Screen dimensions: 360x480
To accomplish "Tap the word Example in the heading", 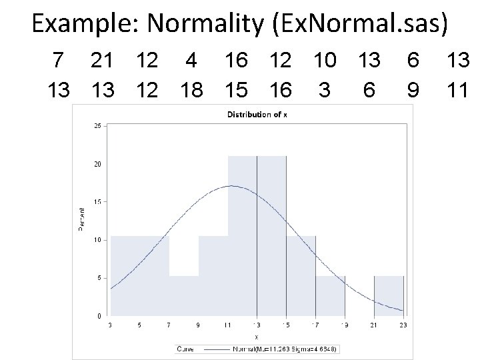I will click(x=85, y=24).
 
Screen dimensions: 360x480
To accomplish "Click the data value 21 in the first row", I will click(x=101, y=61).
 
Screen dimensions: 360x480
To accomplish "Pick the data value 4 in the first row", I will click(x=191, y=61).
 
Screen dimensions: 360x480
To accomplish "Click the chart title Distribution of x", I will click(x=257, y=115).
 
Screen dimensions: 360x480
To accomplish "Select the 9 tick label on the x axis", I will click(x=199, y=325).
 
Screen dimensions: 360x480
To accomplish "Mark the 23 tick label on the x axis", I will click(x=403, y=325).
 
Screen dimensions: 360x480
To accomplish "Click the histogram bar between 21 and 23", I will click(x=389, y=297).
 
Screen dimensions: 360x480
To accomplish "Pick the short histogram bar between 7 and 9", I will click(x=184, y=297).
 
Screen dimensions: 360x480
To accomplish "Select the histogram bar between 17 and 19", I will click(x=330, y=297).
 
